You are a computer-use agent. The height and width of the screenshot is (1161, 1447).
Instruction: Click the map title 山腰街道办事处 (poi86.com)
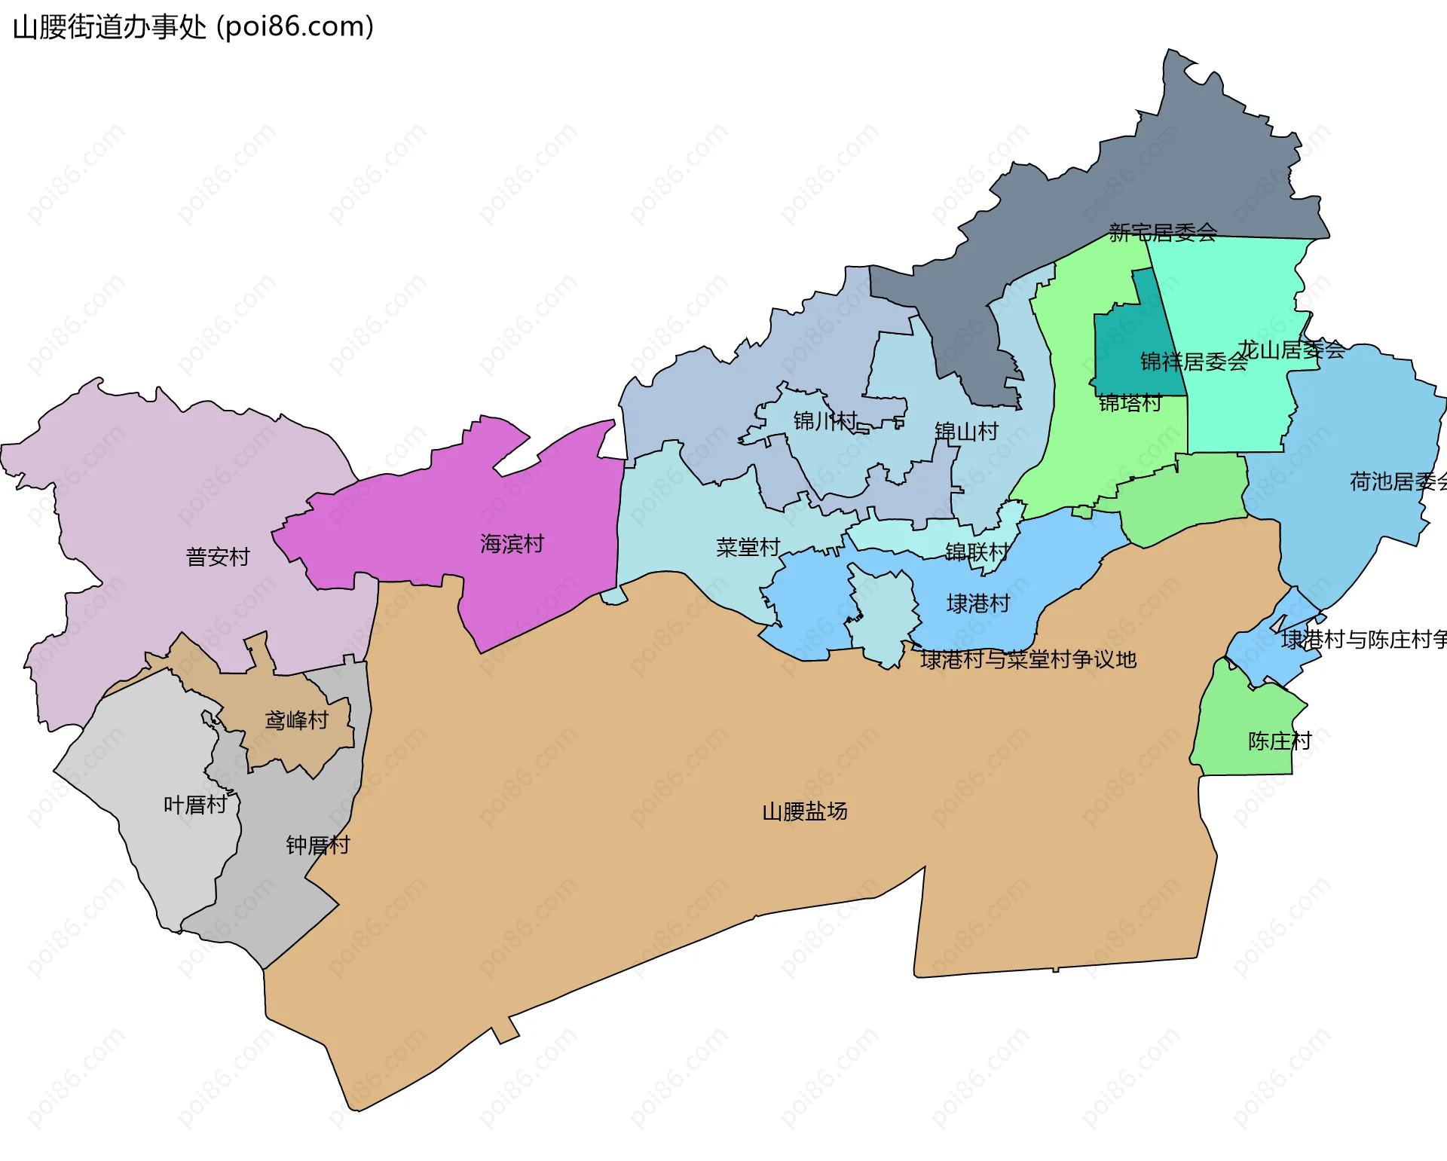193,27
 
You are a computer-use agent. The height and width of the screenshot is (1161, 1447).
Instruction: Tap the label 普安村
217,557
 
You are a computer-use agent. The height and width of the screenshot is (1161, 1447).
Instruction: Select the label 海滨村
512,543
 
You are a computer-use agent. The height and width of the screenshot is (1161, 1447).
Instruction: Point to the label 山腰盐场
804,811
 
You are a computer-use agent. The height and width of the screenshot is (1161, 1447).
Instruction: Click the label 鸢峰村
296,720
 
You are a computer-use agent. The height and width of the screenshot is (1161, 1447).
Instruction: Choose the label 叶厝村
195,805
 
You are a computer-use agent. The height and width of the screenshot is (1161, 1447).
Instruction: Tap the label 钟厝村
317,845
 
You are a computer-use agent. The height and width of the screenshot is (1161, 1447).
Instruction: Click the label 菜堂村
748,547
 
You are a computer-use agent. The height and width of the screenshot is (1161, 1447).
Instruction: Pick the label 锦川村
824,420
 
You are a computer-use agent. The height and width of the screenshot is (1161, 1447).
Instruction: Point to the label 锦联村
977,551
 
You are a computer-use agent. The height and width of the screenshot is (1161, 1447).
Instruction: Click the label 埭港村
977,603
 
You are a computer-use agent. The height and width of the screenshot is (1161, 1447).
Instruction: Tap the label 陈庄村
1279,741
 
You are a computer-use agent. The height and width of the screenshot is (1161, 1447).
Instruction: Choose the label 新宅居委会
1162,232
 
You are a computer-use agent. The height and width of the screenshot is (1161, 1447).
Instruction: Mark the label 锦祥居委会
1193,362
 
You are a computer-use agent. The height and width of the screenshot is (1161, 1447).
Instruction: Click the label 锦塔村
1130,403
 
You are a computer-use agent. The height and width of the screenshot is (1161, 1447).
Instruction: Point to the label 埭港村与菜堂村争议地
1028,659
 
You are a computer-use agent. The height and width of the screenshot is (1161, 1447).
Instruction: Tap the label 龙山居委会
1291,350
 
